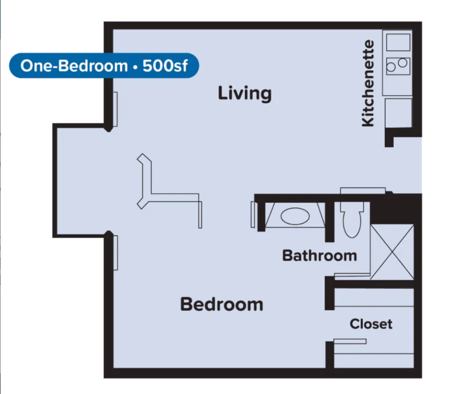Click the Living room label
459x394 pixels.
pos(245,93)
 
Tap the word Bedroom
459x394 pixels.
pos(222,304)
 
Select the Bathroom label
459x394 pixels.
pos(319,255)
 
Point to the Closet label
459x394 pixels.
pos(371,324)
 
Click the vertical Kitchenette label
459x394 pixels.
pos(368,83)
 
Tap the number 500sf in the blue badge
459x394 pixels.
pos(165,66)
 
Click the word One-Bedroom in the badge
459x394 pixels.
pos(74,66)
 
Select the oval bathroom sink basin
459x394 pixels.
pos(295,216)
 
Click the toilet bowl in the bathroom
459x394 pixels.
pos(352,224)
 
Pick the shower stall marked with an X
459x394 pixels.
pos(392,252)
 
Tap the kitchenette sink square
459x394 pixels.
pos(398,42)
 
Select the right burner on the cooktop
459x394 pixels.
pos(403,63)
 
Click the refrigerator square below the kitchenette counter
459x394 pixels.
pos(398,113)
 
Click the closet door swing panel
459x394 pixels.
pos(350,342)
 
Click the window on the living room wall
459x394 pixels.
pos(115,109)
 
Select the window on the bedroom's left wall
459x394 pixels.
pos(115,253)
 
